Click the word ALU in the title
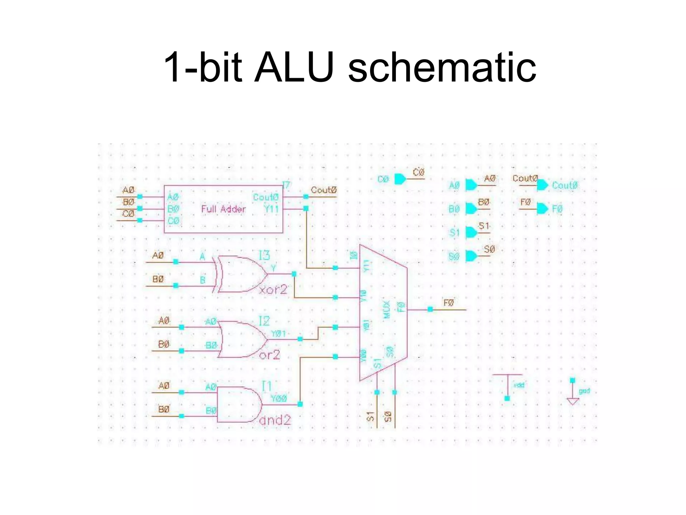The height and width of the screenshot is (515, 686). tap(294, 67)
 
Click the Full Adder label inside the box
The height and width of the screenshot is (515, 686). tap(223, 209)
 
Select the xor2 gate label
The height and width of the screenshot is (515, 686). tap(273, 289)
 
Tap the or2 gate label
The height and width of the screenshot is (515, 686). tap(270, 354)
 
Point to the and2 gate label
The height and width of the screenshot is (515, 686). tap(275, 420)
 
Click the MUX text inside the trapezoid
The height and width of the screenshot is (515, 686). tap(387, 309)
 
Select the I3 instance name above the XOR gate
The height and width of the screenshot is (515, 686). tap(264, 255)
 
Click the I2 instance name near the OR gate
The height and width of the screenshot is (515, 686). tap(264, 321)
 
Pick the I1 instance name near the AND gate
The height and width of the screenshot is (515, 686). tap(266, 386)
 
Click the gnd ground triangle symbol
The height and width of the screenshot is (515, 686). tap(572, 401)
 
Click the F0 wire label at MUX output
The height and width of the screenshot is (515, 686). tap(449, 303)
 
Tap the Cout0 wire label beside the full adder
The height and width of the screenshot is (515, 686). tap(323, 190)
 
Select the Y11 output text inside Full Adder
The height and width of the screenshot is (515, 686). tap(271, 209)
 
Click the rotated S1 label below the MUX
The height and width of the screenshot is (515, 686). tap(370, 416)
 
